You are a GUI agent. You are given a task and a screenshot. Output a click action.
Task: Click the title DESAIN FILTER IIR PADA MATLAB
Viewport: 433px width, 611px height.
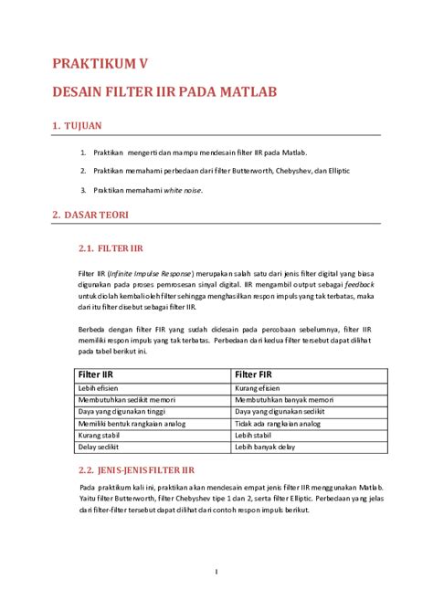point(164,93)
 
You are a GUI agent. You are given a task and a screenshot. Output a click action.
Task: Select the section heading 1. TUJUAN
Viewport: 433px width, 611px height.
point(76,126)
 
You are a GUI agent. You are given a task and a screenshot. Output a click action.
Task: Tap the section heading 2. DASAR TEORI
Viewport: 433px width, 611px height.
point(90,216)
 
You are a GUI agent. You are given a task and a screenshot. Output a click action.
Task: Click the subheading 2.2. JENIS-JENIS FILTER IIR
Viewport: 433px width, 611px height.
point(137,469)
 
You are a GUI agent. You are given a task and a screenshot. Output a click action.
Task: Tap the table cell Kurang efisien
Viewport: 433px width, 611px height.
point(263,388)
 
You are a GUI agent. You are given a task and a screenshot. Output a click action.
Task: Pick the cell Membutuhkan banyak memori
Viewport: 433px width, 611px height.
point(284,400)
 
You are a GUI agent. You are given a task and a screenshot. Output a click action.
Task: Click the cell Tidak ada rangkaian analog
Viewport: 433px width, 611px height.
point(278,424)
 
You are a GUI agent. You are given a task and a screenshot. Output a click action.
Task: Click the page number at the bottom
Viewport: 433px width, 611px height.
point(216,572)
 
